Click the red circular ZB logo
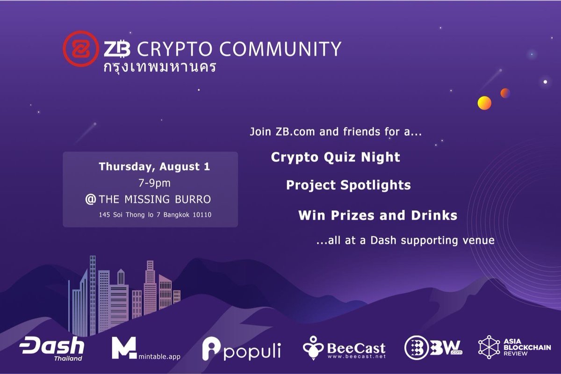[x=81, y=49]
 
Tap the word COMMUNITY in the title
[x=280, y=49]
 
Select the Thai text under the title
[x=160, y=67]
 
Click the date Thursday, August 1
[x=154, y=167]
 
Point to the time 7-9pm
[x=155, y=183]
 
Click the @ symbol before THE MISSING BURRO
[x=91, y=200]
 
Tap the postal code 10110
[x=201, y=215]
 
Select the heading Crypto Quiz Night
[x=335, y=158]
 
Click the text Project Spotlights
[x=348, y=186]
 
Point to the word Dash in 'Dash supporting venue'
[x=383, y=240]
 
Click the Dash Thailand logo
[x=52, y=348]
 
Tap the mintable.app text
[x=159, y=356]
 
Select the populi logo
[x=241, y=349]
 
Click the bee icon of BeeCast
[x=313, y=348]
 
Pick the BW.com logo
[x=433, y=347]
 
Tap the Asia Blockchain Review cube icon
[x=489, y=347]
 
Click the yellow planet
[x=484, y=103]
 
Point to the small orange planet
[x=505, y=93]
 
